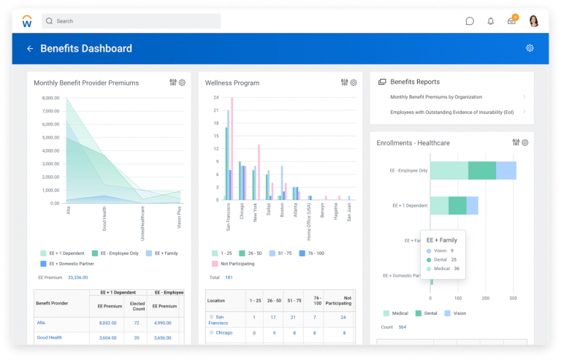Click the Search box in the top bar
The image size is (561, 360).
(131, 21)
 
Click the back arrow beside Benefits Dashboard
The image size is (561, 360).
(30, 49)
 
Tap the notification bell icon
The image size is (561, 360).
(491, 21)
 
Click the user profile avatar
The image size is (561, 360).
(534, 21)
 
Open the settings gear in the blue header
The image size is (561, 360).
(530, 48)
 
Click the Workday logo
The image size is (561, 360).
(27, 21)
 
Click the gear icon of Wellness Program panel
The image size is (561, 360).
(354, 83)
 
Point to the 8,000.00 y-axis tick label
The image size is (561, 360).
(50, 98)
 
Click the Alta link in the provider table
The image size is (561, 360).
(42, 322)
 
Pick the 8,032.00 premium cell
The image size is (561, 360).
(109, 322)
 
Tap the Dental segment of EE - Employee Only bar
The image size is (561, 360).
(481, 170)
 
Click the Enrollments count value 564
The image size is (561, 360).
(402, 326)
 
